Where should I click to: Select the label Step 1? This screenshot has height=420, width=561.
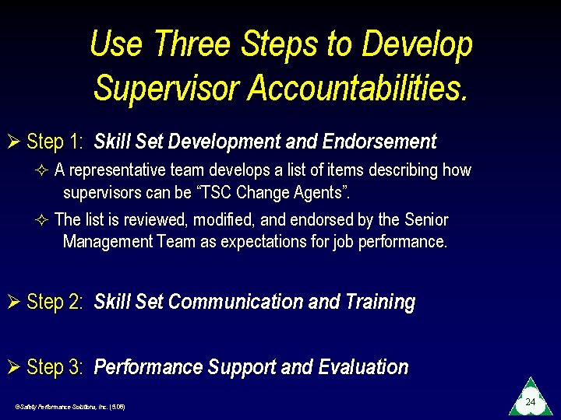pos(55,142)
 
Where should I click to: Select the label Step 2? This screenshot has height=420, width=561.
pos(55,302)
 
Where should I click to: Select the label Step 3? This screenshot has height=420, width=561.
pos(55,367)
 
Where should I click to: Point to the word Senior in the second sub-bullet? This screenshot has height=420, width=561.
pos(425,220)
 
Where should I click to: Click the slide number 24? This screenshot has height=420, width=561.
pos(530,401)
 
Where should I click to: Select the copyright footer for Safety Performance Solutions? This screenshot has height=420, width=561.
pos(70,407)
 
